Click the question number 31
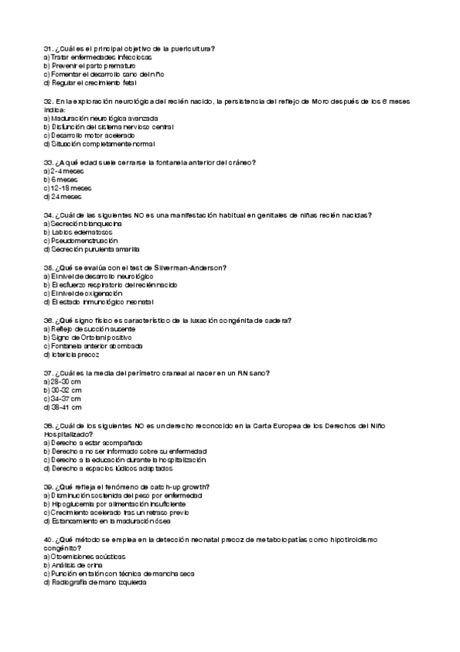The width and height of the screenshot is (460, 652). click(x=48, y=49)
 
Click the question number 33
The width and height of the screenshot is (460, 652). click(x=48, y=163)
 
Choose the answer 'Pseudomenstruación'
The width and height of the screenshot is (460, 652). click(x=84, y=240)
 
